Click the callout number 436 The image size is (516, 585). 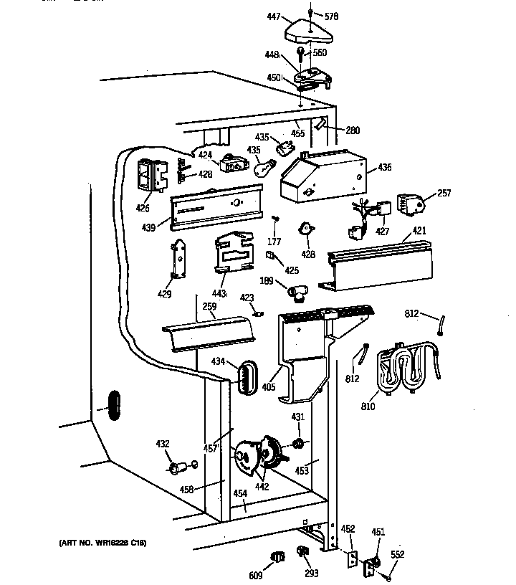coord(385,168)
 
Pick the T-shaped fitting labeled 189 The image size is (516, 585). coord(298,290)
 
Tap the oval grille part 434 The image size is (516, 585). coord(247,375)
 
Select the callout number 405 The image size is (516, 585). coord(269,388)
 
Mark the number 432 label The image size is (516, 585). coord(163,444)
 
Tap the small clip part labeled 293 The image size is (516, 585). coord(302,552)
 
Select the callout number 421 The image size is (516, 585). coord(419,232)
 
